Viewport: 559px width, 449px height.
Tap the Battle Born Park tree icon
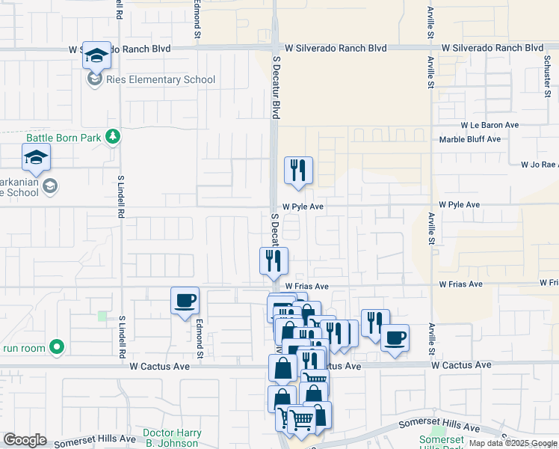tap(113, 136)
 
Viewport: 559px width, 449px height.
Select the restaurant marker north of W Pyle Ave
tap(298, 171)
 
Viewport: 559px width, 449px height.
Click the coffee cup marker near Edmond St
tap(185, 301)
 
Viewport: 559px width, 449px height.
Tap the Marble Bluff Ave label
tap(469, 139)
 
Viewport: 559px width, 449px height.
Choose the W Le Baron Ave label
tap(489, 125)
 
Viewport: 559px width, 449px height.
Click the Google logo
tap(25, 440)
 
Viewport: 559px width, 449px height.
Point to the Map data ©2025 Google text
tap(512, 443)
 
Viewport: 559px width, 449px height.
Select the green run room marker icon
tap(56, 347)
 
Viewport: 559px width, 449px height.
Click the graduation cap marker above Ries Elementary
tap(96, 55)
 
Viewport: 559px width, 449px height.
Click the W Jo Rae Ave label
tap(540, 164)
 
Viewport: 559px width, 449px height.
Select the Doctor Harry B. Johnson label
tap(173, 438)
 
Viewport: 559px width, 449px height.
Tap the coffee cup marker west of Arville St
tap(395, 337)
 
